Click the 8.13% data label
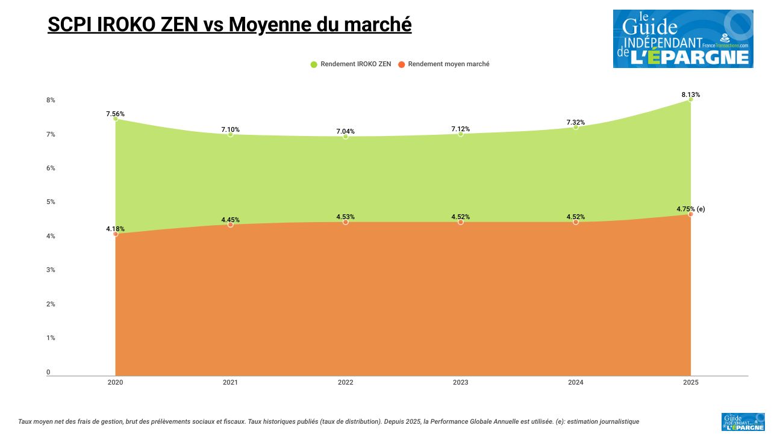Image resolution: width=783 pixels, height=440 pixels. pos(690,95)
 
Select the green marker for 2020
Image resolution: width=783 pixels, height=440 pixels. pos(115,119)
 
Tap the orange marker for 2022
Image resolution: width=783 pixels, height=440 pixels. pos(345,222)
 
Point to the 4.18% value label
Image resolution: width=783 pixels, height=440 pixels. pos(115,229)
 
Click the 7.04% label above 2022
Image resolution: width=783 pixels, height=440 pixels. pos(345,131)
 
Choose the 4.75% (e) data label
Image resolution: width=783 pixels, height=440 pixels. pos(690,209)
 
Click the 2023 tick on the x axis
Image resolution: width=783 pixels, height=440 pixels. pos(460,382)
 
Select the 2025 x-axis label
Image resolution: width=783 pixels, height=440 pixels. pos(690,382)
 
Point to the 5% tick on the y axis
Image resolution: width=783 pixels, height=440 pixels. pos(51,202)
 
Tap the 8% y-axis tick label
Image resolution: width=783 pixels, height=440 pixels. pos(51,100)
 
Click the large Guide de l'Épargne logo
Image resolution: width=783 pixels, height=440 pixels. pos(683,39)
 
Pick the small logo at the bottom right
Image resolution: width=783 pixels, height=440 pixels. pos(743,422)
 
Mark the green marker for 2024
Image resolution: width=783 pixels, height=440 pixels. pos(575,127)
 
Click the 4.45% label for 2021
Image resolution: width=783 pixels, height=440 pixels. pos(230,220)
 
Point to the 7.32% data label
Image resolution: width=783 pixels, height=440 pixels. pos(575,122)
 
